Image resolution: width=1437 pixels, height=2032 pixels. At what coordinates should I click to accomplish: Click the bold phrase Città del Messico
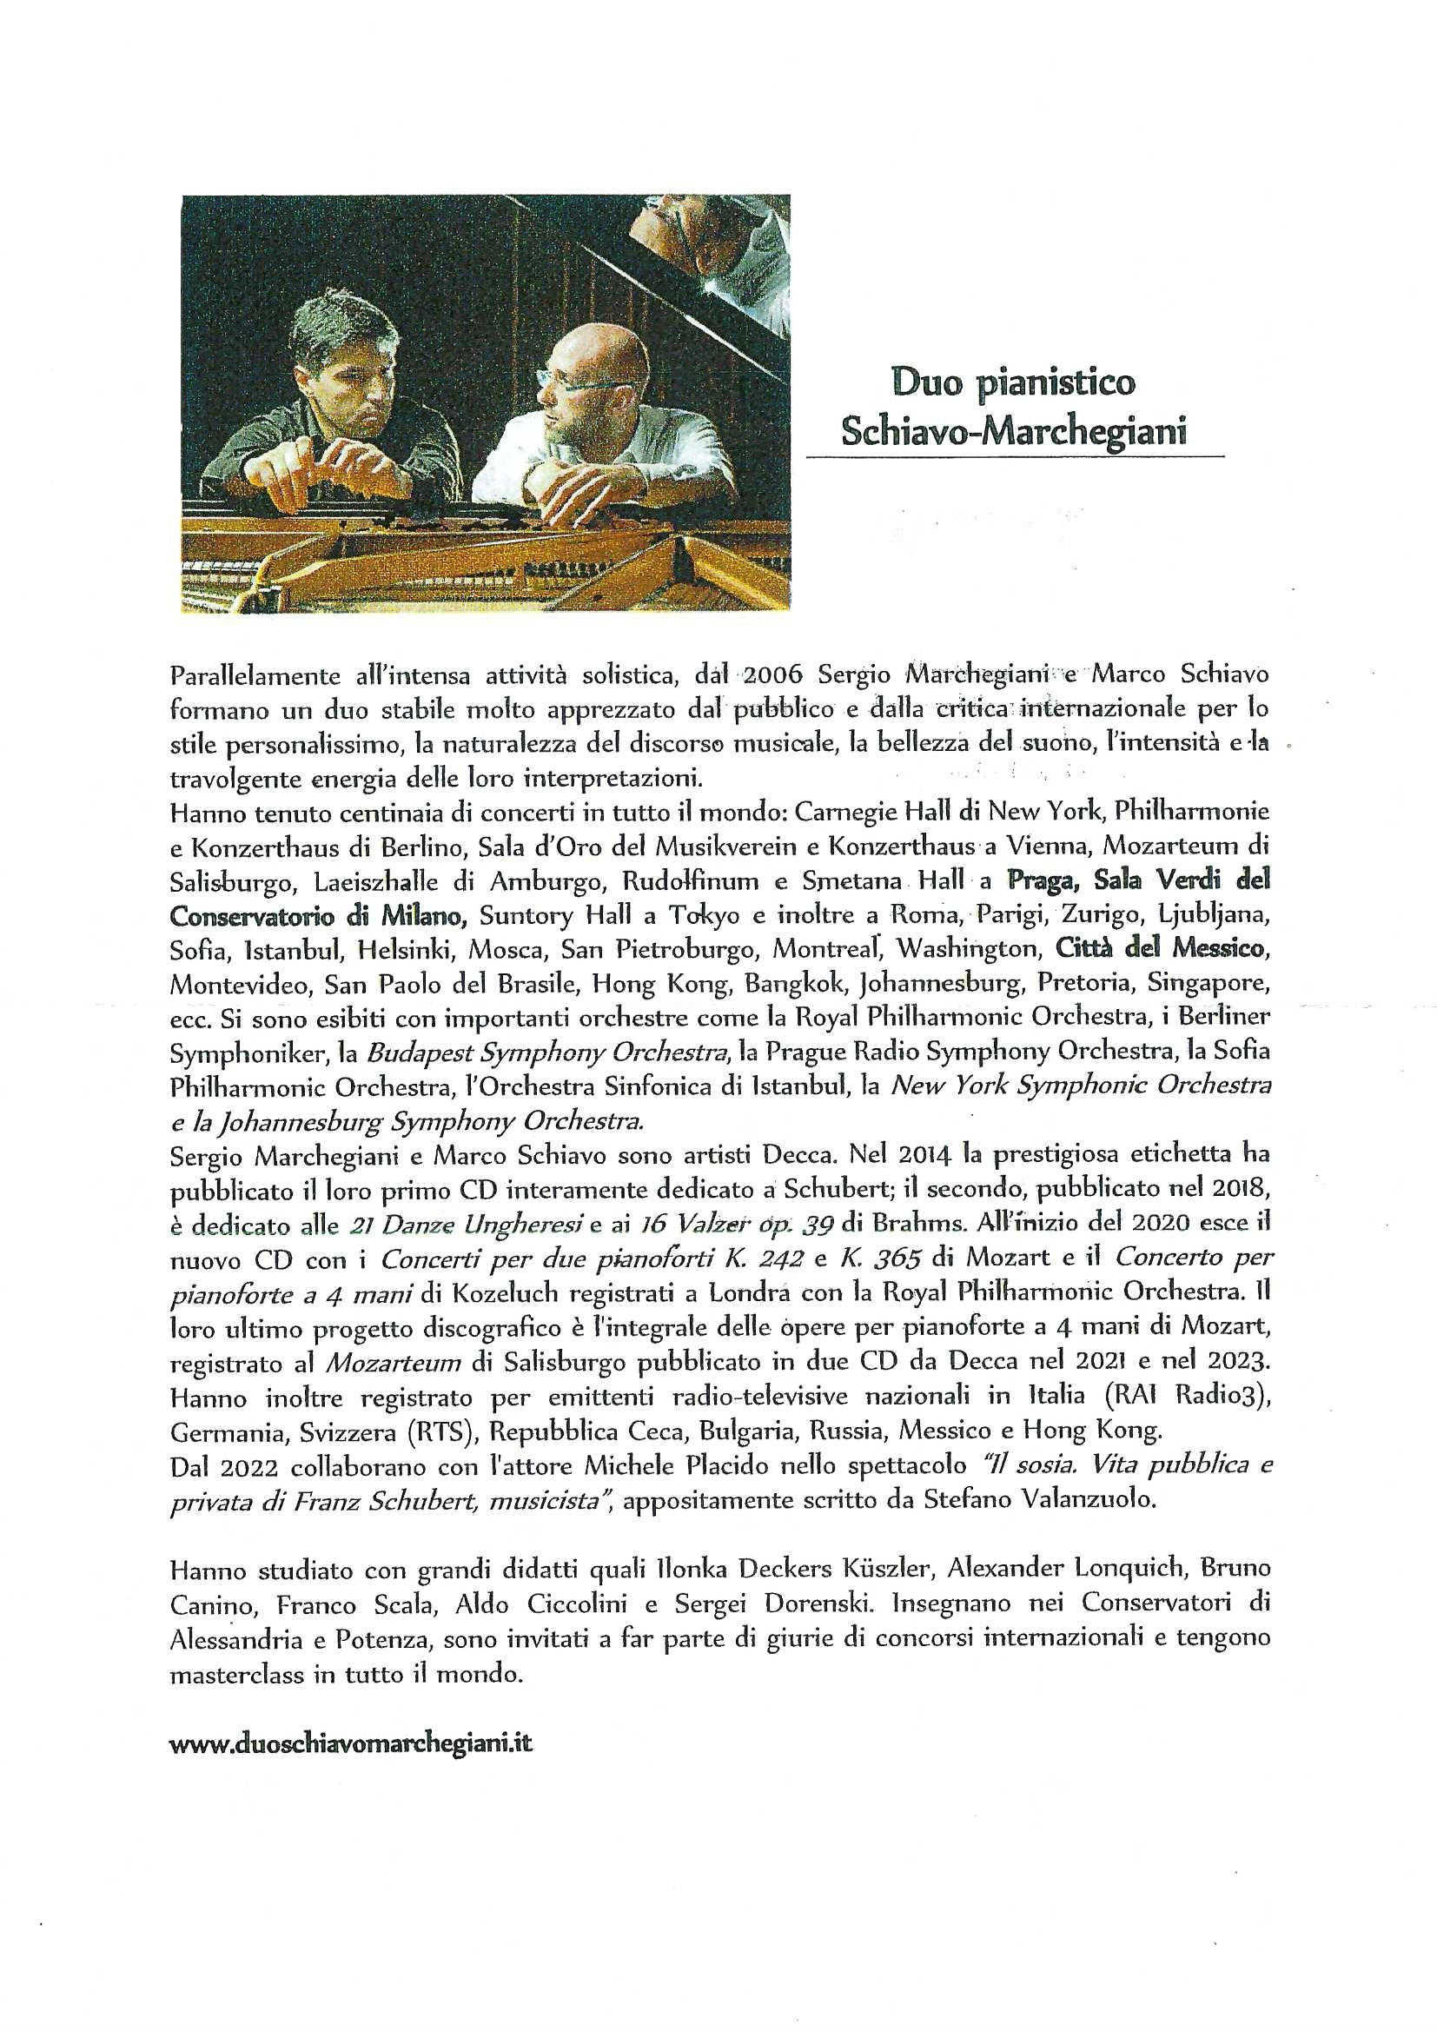point(1158,950)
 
